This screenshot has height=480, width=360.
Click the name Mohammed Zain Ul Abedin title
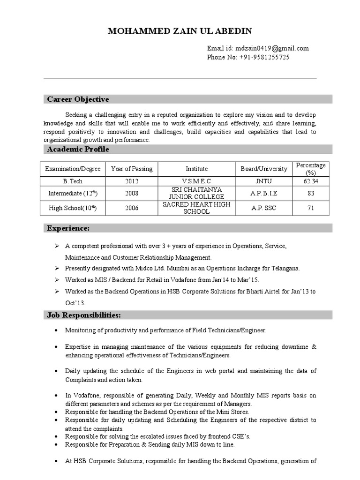180,31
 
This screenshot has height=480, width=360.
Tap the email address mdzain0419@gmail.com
272,48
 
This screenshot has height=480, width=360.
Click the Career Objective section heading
78,99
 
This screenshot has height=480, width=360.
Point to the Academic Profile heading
78,149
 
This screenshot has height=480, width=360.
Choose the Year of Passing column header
132,169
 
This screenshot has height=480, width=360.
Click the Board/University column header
264,169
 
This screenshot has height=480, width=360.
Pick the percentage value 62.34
311,181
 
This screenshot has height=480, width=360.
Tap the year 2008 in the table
132,193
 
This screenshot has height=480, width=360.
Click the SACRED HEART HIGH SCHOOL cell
196,208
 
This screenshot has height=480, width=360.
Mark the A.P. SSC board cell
264,208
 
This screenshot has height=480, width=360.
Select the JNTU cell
264,181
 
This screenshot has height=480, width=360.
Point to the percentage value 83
311,193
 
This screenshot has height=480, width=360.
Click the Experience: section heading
67,228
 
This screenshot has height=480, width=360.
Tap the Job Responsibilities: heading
84,315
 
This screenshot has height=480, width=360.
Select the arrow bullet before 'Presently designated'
56,269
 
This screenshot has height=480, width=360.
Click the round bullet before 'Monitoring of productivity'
56,330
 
